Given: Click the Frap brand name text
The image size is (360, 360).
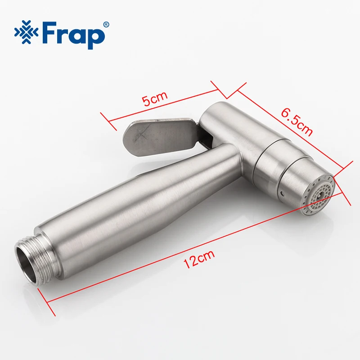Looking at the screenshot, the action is (x=73, y=35).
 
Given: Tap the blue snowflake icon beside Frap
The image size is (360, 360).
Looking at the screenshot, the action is (x=26, y=32).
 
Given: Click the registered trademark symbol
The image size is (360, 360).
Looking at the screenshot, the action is (x=106, y=25).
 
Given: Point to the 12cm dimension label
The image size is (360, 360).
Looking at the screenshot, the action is (x=199, y=259).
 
